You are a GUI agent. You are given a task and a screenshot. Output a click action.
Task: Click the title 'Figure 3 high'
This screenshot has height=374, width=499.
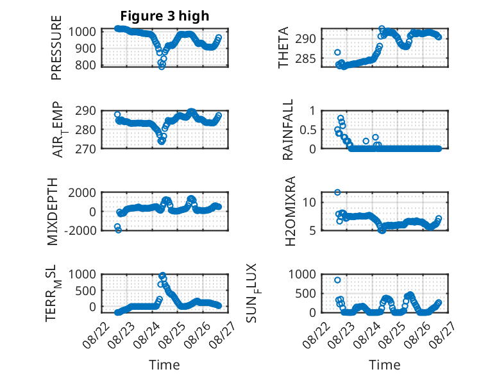coord(165,16)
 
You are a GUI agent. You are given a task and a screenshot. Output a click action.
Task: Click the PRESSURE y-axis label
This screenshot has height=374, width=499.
coord(56,47)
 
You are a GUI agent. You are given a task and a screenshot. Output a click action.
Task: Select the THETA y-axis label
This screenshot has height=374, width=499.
coord(283,47)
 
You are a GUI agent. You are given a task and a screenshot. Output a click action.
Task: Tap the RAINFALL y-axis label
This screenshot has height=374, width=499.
coord(287,130)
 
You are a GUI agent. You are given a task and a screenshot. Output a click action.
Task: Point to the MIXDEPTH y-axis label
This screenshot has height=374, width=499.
coord(53,212)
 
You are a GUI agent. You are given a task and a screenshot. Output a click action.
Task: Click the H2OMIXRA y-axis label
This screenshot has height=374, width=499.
coord(291,211)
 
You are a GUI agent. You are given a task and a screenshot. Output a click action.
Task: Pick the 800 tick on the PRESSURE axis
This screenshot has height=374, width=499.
coord(85,65)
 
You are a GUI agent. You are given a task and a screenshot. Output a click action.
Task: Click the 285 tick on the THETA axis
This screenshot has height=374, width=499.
coord(305,59)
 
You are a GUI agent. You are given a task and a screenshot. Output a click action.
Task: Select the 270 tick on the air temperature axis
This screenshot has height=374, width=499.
coord(85,149)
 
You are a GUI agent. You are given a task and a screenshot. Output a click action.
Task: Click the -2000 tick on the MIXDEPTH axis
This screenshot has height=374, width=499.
coord(80,230)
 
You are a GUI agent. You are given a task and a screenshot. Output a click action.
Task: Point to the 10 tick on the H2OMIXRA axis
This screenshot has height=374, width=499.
coord(309,203)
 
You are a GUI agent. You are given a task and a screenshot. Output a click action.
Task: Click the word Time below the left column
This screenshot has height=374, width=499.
coord(164,365)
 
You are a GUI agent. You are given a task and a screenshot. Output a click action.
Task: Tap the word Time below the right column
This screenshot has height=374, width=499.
coord(384,365)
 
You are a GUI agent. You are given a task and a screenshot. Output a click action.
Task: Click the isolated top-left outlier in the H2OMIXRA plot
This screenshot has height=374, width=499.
coord(337,192)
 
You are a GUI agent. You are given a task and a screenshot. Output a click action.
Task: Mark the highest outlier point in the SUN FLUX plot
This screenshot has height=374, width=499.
coord(337,280)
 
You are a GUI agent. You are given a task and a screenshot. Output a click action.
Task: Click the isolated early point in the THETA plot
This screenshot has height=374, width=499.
coord(337,52)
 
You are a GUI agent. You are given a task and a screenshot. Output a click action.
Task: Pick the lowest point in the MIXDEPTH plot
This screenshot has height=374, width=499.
coord(119,230)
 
